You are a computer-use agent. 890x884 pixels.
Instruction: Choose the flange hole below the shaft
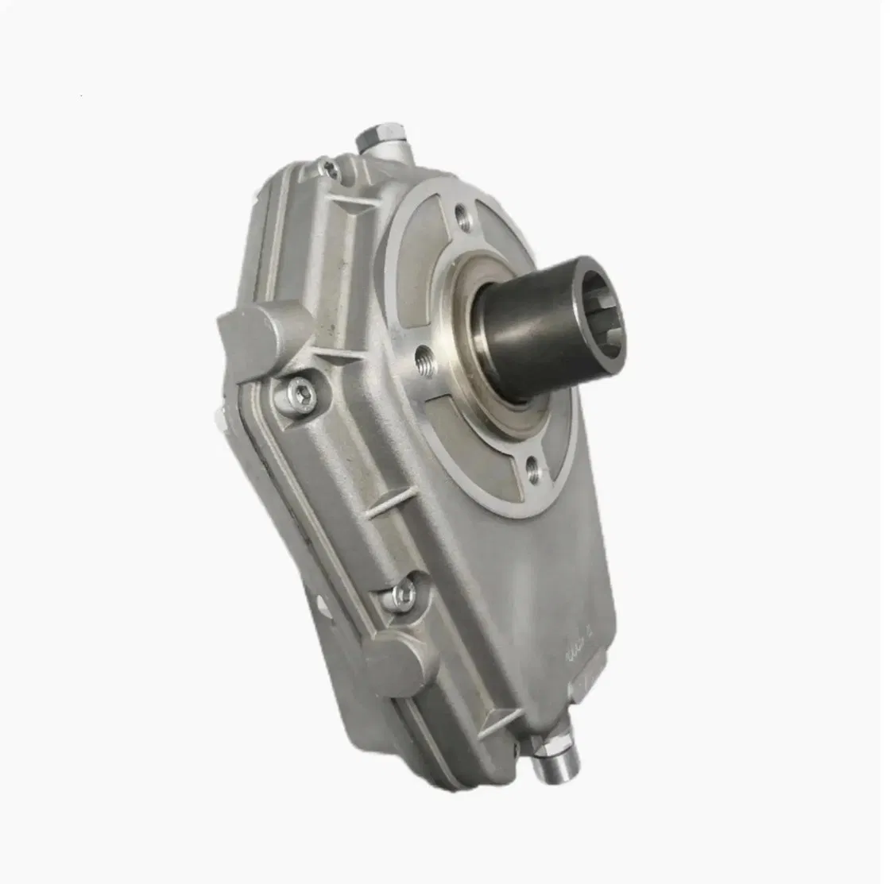pyautogui.click(x=531, y=473)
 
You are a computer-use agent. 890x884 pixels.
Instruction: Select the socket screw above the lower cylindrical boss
pyautogui.click(x=403, y=592)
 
